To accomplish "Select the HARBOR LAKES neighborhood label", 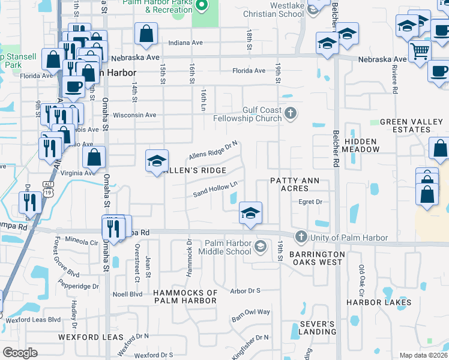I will [x=379, y=302].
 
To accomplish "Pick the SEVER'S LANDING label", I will [x=317, y=328].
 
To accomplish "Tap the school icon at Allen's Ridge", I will [x=157, y=161].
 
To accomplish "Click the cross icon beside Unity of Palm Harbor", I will [x=301, y=237].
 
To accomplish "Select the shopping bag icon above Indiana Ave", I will [x=146, y=34].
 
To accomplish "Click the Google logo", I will [x=20, y=353].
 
